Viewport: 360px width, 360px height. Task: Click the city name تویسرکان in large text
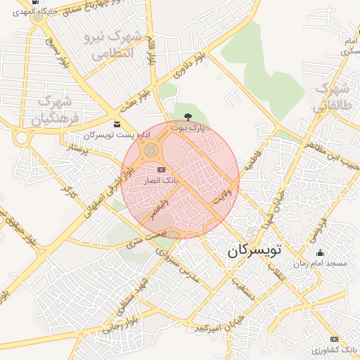click(x=254, y=250)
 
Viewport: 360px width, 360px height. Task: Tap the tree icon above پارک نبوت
click(x=188, y=117)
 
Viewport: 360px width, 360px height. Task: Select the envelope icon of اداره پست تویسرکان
click(x=117, y=124)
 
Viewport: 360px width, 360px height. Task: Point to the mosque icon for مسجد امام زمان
click(x=321, y=253)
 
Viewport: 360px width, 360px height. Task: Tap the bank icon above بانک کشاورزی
click(x=334, y=339)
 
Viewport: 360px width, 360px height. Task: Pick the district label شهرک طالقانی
click(x=332, y=98)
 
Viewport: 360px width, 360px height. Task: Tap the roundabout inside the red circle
click(x=150, y=150)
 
